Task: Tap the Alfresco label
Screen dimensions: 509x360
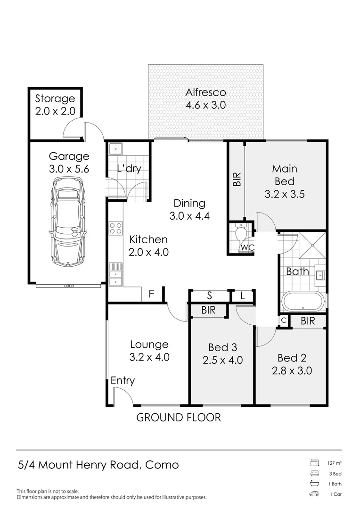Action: pyautogui.click(x=205, y=93)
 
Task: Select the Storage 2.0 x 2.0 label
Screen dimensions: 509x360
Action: pyautogui.click(x=55, y=99)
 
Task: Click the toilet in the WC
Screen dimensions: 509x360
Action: pyautogui.click(x=241, y=233)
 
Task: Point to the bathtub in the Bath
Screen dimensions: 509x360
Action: pyautogui.click(x=303, y=302)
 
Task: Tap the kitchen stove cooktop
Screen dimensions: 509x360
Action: pyautogui.click(x=115, y=229)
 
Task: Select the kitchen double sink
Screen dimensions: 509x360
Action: pyautogui.click(x=115, y=275)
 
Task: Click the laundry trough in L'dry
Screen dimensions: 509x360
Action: pyautogui.click(x=115, y=149)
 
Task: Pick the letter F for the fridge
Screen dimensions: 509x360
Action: pyautogui.click(x=151, y=295)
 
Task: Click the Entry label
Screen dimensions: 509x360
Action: pyautogui.click(x=123, y=381)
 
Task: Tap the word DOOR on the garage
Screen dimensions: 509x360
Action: pyautogui.click(x=69, y=286)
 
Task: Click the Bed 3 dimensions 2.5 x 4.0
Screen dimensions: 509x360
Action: pyautogui.click(x=222, y=361)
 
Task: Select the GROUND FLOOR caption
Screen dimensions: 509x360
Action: pyautogui.click(x=179, y=418)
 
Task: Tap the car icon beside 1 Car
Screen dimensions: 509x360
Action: pyautogui.click(x=314, y=494)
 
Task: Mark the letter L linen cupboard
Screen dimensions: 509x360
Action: pyautogui.click(x=242, y=296)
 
